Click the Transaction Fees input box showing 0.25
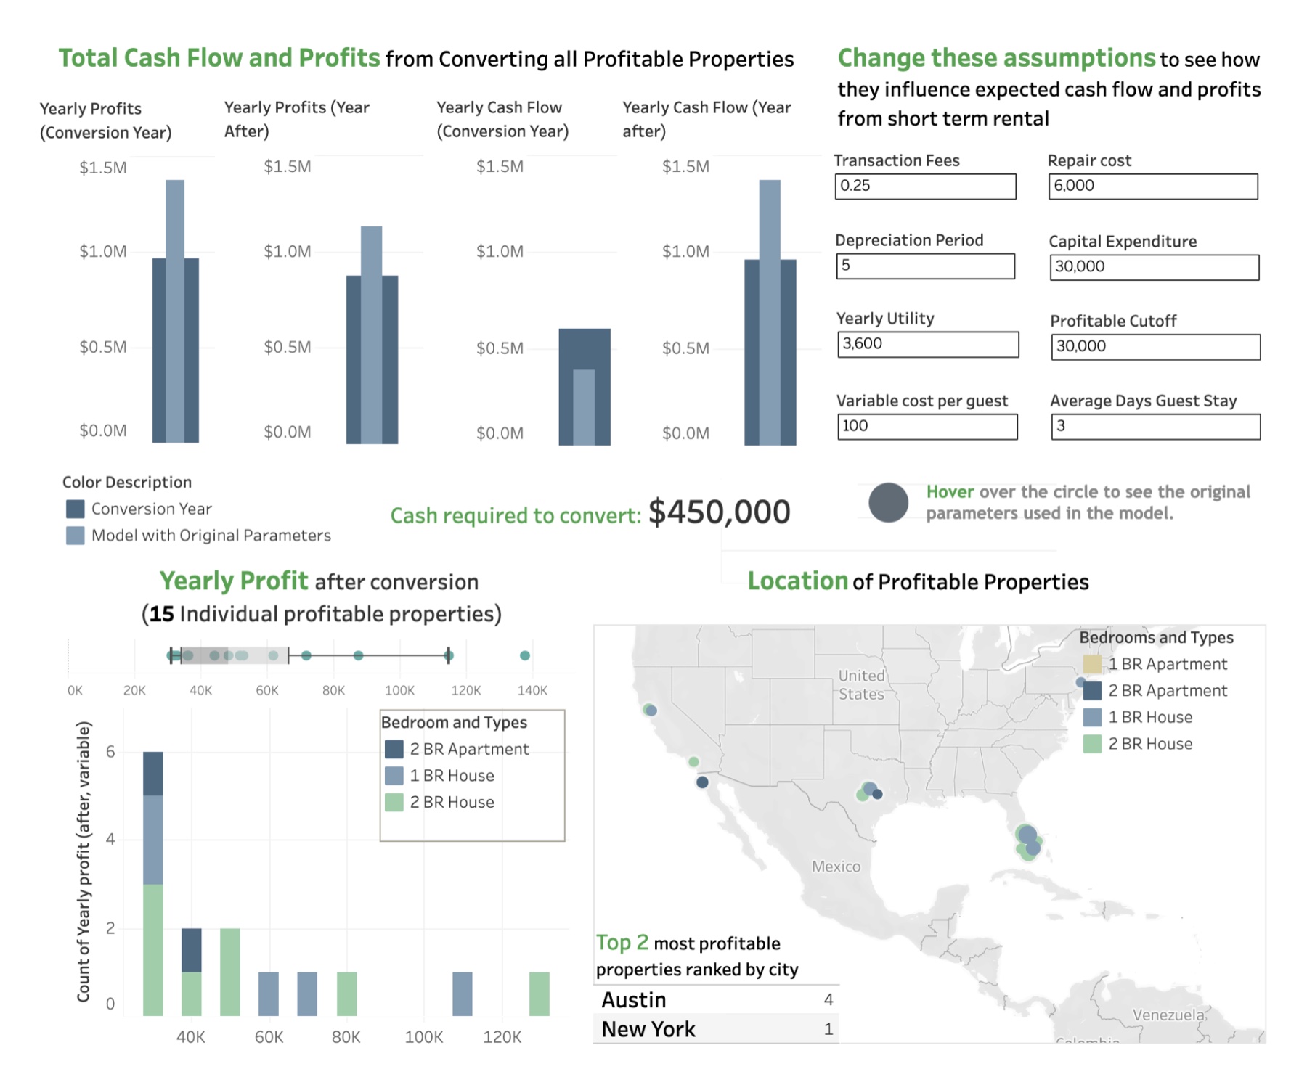pos(925,187)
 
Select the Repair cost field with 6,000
pos(1153,187)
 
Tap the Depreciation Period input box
pos(925,266)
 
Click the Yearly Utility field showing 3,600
pos(928,345)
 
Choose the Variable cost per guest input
pos(927,427)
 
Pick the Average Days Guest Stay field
pos(1156,427)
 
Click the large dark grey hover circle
pos(888,502)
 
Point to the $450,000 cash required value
pos(719,512)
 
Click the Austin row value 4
pos(828,1000)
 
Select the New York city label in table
pos(648,1029)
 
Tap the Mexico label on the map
pos(836,867)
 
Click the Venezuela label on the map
pos(1169,1015)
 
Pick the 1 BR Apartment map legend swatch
pos(1092,664)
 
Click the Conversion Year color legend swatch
pos(75,509)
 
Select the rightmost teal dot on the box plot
pos(525,655)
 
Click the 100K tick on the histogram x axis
pos(424,1037)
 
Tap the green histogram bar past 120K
pos(540,994)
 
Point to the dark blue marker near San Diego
pos(702,782)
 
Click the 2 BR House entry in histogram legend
pos(440,802)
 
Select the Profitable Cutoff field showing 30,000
pos(1156,347)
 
